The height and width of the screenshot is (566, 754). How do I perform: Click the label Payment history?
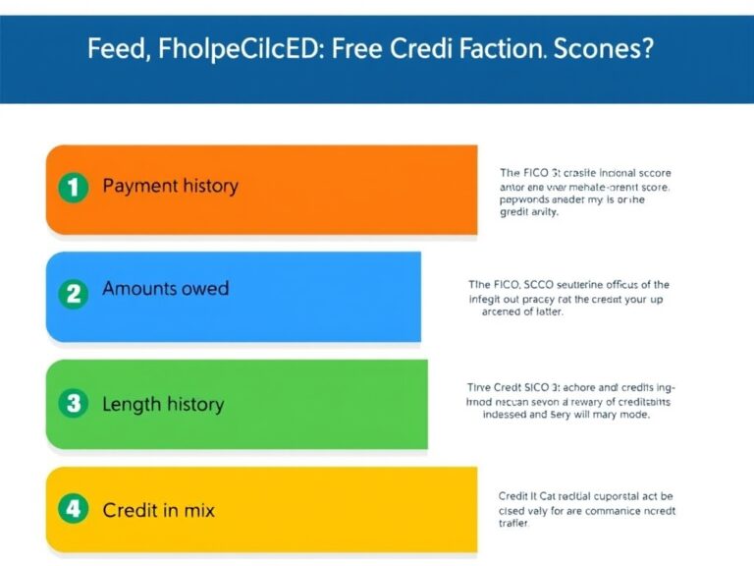(x=170, y=186)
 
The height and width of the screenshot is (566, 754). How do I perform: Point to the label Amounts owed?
(x=165, y=289)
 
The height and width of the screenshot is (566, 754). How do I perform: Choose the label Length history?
(x=163, y=404)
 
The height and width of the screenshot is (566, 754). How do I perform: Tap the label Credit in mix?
(x=158, y=510)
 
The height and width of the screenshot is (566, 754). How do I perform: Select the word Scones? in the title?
(x=602, y=50)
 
